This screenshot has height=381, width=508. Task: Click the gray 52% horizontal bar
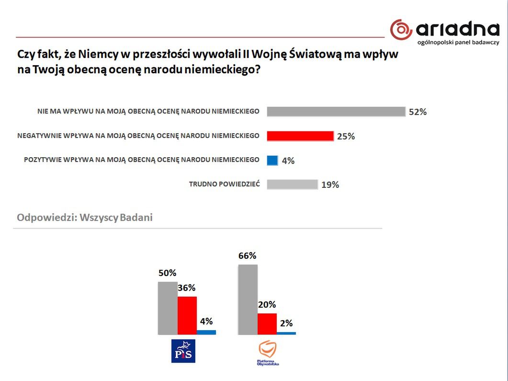[336, 112]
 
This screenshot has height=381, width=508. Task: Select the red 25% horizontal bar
[300, 136]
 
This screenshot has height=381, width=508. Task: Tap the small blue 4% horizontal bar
[272, 161]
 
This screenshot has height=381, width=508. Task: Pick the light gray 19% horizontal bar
[292, 185]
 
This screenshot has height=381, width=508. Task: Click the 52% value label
[418, 112]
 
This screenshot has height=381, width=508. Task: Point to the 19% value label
[330, 185]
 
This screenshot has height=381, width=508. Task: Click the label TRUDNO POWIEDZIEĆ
[224, 184]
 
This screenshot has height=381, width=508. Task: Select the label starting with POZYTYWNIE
[142, 160]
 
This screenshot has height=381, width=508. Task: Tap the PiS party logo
[184, 350]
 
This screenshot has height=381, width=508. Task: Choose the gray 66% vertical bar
[248, 299]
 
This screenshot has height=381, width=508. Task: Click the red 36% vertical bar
[187, 315]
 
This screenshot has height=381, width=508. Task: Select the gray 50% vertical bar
[168, 308]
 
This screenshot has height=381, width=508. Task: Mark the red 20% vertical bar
[267, 323]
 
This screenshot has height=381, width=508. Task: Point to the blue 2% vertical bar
[286, 333]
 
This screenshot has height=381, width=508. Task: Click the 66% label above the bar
[247, 256]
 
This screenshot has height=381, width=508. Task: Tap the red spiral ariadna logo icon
[401, 30]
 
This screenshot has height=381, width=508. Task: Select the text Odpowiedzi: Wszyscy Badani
[85, 218]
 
